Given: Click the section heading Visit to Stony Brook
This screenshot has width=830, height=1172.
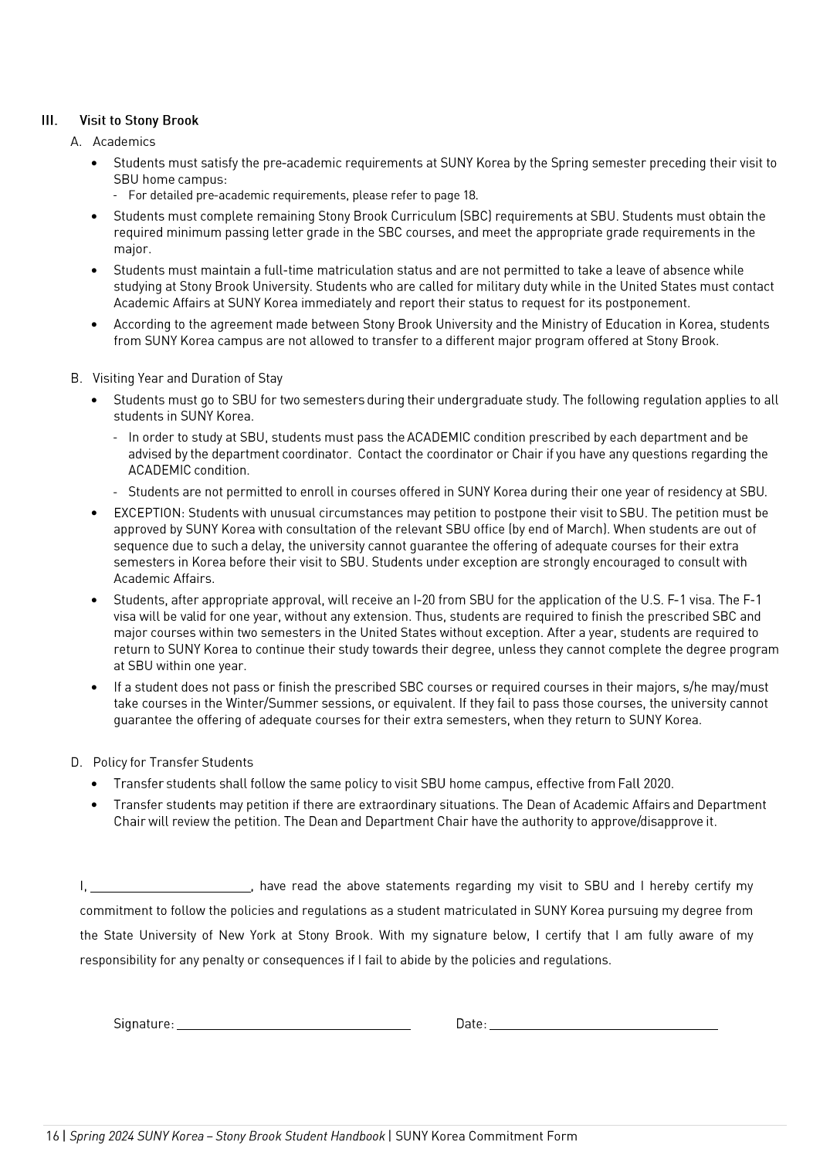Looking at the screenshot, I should [x=139, y=120].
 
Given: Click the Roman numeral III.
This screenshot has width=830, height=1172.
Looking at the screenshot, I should [x=49, y=120].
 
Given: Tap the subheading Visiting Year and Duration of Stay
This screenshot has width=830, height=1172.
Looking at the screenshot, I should [x=188, y=378].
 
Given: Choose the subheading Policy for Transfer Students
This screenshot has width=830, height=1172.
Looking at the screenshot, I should [x=173, y=763].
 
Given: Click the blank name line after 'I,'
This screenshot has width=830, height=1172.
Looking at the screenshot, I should [x=171, y=887].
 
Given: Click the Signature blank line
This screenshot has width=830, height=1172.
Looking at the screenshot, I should [x=293, y=1025].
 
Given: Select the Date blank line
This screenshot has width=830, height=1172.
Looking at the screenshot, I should [x=603, y=1025].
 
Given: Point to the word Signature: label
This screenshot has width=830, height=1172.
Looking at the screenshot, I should [x=144, y=1025].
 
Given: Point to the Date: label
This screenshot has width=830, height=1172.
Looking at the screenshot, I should [x=471, y=1025].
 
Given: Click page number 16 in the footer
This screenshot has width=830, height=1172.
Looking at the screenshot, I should [x=52, y=1136].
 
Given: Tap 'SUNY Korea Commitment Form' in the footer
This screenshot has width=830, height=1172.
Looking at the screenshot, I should [x=486, y=1136].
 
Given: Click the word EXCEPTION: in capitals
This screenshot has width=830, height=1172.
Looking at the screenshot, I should [x=149, y=513].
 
